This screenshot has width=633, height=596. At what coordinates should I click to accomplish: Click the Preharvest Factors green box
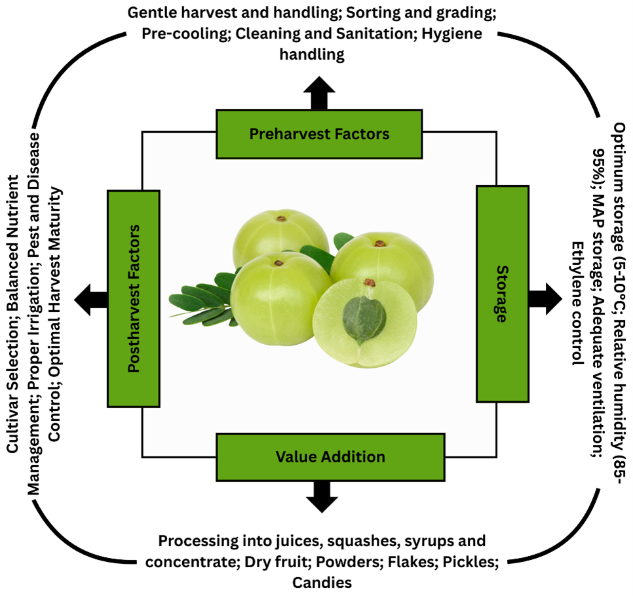click(x=319, y=134)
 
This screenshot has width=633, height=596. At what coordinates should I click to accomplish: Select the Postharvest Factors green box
click(x=134, y=298)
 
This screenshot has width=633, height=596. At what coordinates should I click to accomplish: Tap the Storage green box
click(x=501, y=293)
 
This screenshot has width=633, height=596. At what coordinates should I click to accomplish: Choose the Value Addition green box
click(x=330, y=456)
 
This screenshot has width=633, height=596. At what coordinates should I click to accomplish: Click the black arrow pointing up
click(x=319, y=92)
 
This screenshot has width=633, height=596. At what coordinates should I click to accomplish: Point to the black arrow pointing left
click(x=91, y=300)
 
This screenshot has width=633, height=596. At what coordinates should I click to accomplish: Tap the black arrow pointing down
click(x=322, y=496)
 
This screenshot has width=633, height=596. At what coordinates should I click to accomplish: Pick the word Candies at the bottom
click(x=321, y=582)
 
